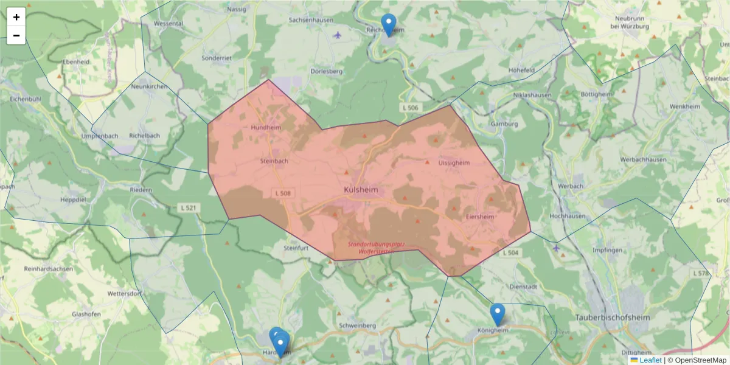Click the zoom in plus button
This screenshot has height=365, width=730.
(16, 17)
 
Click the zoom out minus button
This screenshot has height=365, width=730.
(16, 35)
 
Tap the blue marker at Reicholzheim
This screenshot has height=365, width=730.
(389, 24)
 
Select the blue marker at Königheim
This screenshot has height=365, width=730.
(498, 314)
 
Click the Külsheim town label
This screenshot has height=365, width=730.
(361, 190)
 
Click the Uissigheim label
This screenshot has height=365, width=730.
(454, 163)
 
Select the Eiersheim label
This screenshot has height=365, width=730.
(480, 216)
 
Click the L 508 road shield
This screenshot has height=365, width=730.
(282, 193)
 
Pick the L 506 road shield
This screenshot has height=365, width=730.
(410, 108)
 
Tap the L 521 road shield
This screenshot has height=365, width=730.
(189, 208)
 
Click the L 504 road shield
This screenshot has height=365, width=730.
(510, 252)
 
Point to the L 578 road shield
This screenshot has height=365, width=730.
(700, 274)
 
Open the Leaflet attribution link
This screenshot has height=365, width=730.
(650, 360)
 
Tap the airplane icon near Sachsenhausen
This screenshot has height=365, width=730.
(338, 34)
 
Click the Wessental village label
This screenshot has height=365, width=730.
(169, 24)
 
